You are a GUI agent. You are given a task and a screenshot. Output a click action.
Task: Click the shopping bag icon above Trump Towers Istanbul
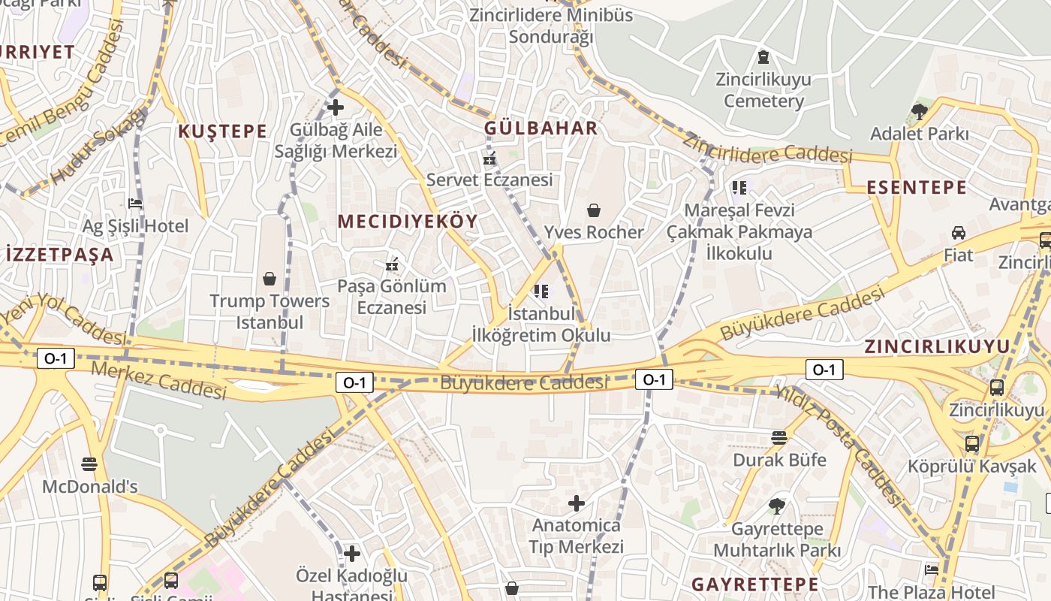pos(270,279)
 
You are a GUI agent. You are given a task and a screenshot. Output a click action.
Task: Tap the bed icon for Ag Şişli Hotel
pos(135,203)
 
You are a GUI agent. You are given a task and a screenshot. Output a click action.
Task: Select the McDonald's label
pos(90,487)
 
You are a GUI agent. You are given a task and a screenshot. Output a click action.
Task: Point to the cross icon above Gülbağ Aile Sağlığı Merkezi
pos(336,107)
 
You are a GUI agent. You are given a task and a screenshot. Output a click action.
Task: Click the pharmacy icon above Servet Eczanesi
pos(489,159)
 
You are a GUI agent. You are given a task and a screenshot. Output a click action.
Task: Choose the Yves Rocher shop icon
pos(594,210)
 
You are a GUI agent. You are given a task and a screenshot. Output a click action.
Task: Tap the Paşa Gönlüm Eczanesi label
pos(391,297)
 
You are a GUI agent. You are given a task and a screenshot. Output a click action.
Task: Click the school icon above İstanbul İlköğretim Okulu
pos(541,291)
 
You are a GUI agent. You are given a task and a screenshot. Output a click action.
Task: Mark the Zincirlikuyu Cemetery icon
pos(763,57)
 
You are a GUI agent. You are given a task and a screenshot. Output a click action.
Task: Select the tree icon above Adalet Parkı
pos(919,113)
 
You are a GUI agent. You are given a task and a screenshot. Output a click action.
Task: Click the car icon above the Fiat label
pos(959,233)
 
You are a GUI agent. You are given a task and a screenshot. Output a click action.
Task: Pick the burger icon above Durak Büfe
pos(779,438)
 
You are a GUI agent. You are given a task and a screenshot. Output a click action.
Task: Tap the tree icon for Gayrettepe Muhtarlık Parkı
pos(776,507)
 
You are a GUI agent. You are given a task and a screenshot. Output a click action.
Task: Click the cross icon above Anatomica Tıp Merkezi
pos(577,503)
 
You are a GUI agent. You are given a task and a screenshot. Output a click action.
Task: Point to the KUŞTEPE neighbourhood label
pos(222,131)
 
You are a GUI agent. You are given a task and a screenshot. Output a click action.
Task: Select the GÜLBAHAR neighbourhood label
pos(541,128)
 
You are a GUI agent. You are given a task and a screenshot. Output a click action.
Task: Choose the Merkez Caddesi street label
pos(158,380)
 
